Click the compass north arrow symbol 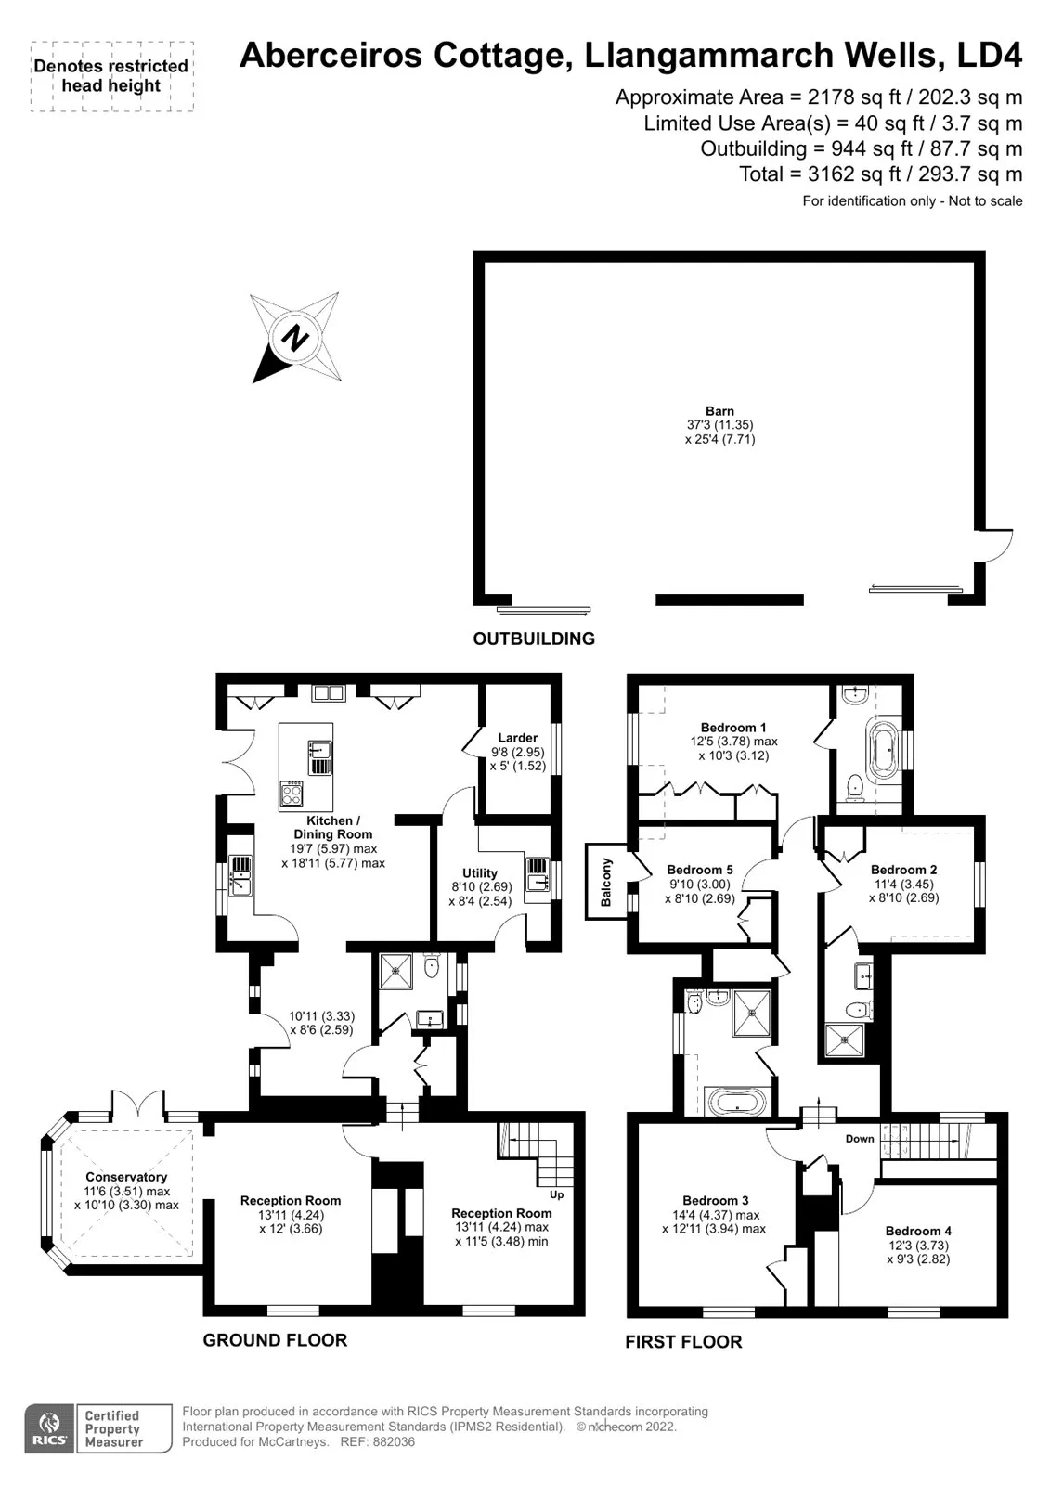pos(295,337)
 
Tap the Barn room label pos(719,411)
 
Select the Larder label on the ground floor pos(517,738)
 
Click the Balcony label pos(605,882)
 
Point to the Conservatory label pos(126,1177)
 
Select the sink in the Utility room pos(538,875)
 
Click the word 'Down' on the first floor pos(860,1138)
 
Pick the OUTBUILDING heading pos(534,639)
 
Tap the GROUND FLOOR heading pos(275,1340)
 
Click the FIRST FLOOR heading pos(683,1342)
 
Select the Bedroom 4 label pos(918,1231)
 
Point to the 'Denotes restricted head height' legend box pos(111,76)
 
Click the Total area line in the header pos(881,174)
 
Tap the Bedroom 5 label pos(700,869)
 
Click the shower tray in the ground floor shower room pos(396,971)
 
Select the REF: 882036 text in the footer pos(378,1442)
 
